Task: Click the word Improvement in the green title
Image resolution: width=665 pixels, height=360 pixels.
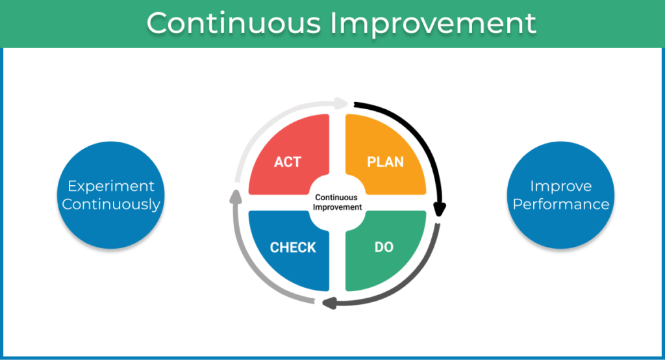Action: (433, 25)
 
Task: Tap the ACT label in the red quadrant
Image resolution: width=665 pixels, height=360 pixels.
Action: (288, 162)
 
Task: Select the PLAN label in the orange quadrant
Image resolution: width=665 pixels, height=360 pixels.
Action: (385, 162)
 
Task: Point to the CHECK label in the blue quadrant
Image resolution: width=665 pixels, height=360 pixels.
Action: (293, 247)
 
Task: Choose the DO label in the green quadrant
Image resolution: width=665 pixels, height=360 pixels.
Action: (384, 247)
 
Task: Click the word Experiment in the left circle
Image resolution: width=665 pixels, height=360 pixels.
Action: (111, 186)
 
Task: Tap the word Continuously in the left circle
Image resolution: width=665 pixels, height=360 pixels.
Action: (111, 205)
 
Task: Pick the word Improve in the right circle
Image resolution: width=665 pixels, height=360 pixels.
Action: (560, 186)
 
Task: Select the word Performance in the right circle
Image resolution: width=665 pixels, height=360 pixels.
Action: (560, 204)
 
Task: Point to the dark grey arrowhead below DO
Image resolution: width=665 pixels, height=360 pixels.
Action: (329, 303)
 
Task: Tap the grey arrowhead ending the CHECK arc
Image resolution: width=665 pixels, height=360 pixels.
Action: (236, 196)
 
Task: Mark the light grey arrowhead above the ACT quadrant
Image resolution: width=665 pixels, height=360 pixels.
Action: (340, 103)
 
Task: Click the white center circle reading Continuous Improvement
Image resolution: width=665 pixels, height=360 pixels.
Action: (337, 203)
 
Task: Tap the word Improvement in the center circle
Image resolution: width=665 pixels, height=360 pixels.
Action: (337, 207)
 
